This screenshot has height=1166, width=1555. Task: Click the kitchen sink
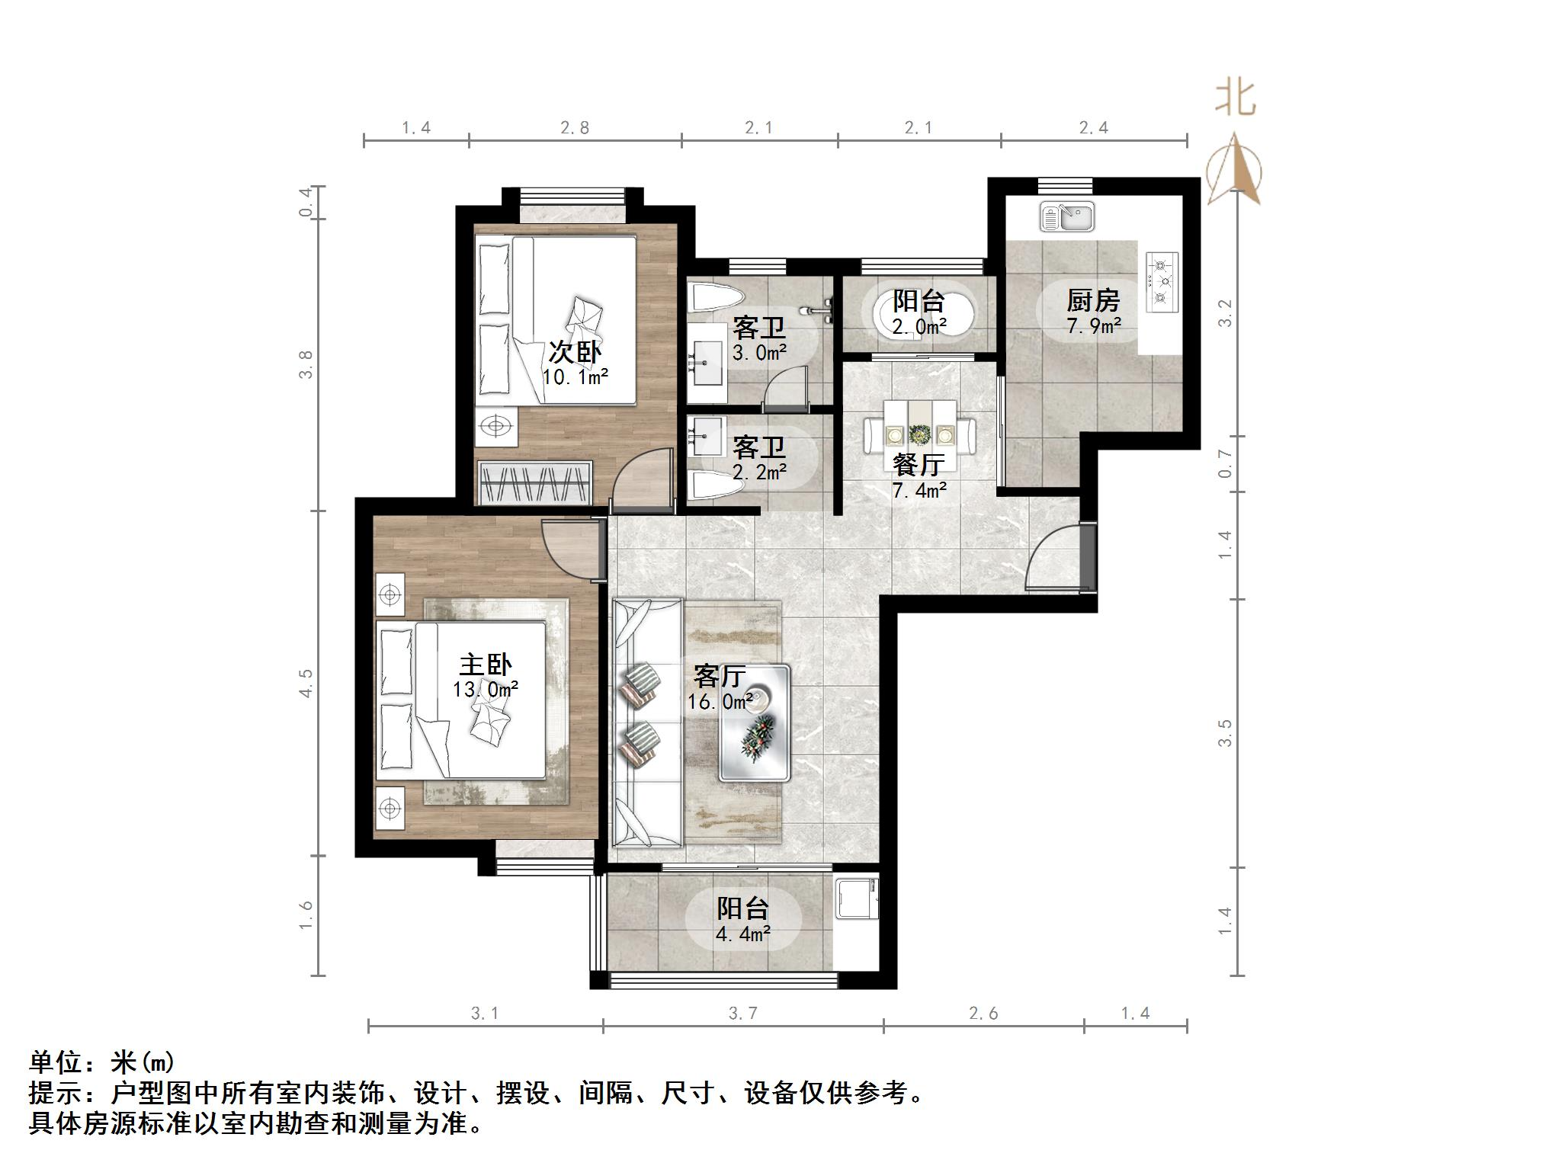click(1067, 216)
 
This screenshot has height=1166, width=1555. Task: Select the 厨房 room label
click(1092, 301)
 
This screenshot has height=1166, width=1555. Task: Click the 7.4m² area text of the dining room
click(919, 491)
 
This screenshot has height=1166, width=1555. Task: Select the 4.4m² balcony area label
click(742, 934)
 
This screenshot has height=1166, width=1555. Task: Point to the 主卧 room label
click(486, 665)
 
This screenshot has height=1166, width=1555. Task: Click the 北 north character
click(1236, 99)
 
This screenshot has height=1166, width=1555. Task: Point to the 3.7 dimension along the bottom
click(742, 1014)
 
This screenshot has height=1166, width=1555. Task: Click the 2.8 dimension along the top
click(575, 128)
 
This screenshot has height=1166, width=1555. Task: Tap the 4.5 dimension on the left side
click(306, 683)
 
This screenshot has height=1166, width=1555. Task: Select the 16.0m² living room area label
click(720, 701)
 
